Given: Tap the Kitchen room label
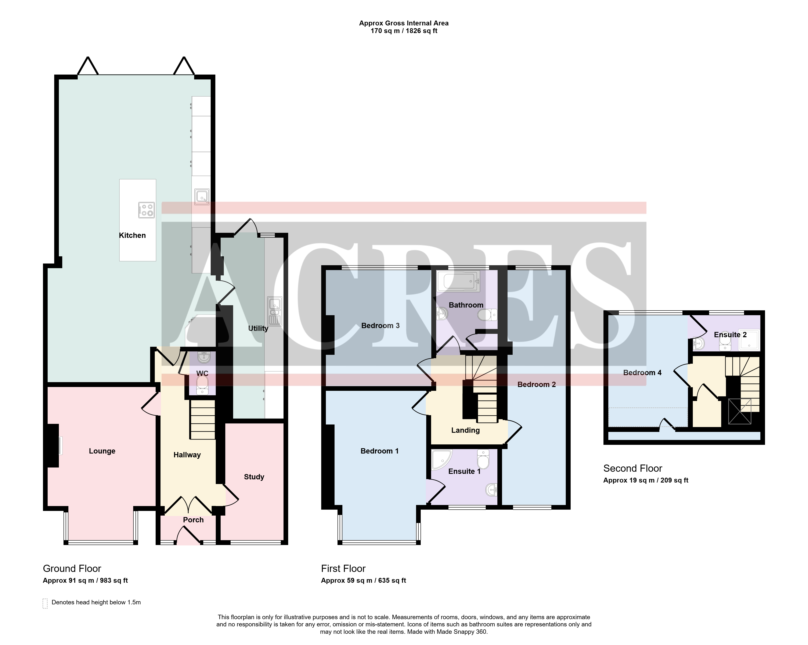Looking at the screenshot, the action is point(132,236).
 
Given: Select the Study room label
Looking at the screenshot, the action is point(254,477).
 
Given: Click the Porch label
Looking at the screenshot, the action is point(193,520).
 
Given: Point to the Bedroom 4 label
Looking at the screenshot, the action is point(642,373).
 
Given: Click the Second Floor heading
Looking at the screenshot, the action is point(633,468).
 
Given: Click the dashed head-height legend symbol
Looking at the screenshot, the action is point(45,603).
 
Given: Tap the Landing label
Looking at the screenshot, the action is point(465,430).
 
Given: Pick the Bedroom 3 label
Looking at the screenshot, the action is point(380,326).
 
